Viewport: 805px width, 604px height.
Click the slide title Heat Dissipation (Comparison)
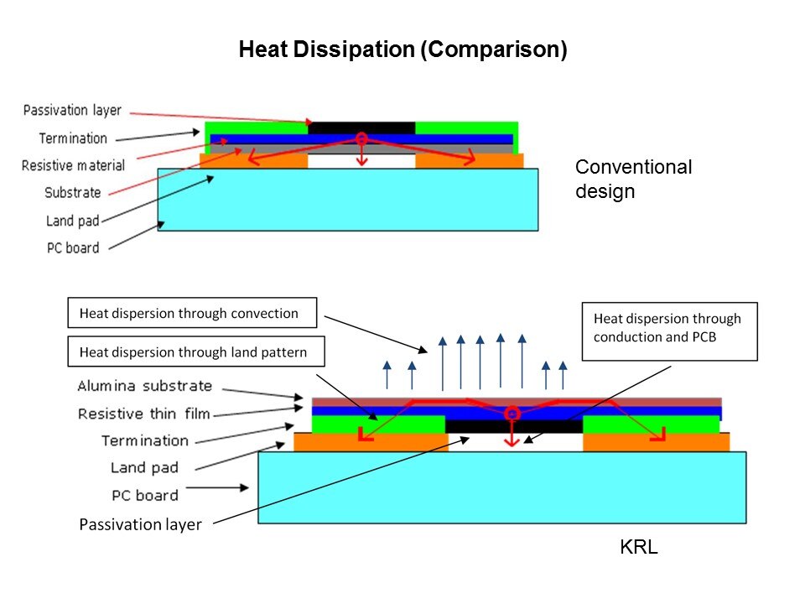click(402, 49)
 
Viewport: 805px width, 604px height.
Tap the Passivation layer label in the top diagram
click(72, 111)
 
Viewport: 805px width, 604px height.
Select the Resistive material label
click(73, 165)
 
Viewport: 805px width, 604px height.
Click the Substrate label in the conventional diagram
click(72, 193)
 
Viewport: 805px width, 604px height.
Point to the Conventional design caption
click(633, 179)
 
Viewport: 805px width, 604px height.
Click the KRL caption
click(639, 549)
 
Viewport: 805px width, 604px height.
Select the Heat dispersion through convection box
click(192, 314)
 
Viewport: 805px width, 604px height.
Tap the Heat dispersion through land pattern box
click(199, 353)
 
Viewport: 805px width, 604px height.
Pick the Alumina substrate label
click(144, 387)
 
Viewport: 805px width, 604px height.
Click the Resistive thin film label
click(144, 414)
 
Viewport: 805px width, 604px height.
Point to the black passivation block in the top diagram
click(361, 128)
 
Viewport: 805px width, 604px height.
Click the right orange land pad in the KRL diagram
click(654, 442)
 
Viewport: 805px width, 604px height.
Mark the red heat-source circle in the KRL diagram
click(512, 414)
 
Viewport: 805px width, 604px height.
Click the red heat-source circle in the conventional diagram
click(361, 138)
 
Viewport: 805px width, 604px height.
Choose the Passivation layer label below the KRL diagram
click(140, 525)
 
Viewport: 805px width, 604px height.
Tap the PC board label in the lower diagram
click(146, 495)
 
